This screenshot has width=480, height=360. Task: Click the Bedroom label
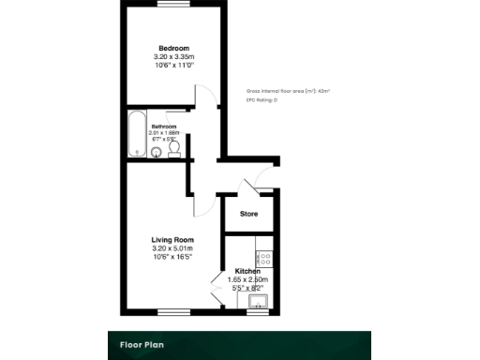(172, 48)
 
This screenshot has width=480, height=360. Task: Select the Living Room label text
(172, 240)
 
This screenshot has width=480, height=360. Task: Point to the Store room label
(248, 215)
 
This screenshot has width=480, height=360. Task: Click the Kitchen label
(247, 271)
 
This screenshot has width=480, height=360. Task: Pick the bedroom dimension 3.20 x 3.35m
(172, 57)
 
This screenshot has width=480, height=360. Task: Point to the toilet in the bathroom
(174, 151)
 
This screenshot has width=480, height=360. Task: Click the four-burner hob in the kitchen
(264, 254)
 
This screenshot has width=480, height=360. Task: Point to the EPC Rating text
(262, 99)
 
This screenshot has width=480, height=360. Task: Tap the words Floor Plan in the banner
(142, 345)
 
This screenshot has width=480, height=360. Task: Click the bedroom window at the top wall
(172, 5)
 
